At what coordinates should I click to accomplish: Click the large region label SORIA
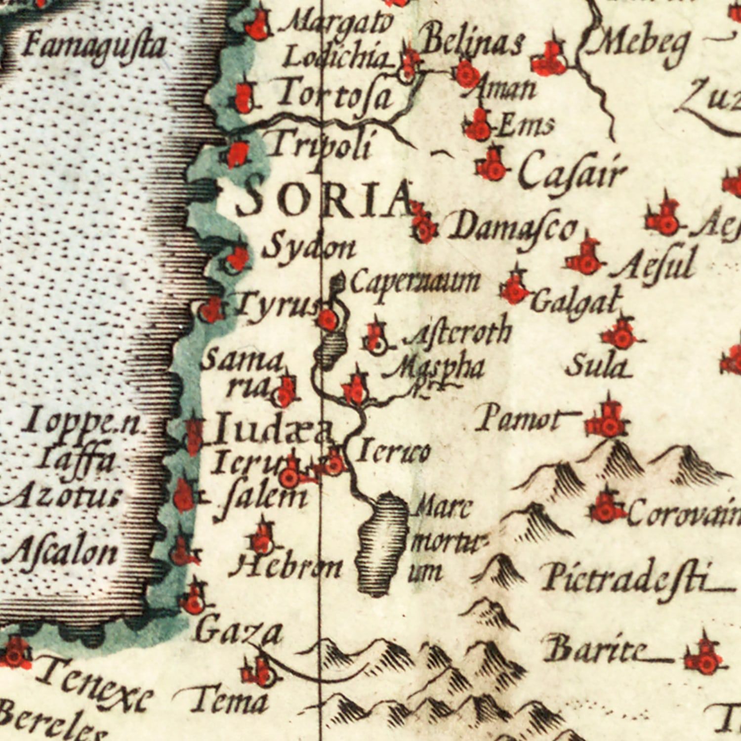[324, 200]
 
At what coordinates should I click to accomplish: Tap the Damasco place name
[513, 228]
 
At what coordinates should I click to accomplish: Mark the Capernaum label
[415, 283]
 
